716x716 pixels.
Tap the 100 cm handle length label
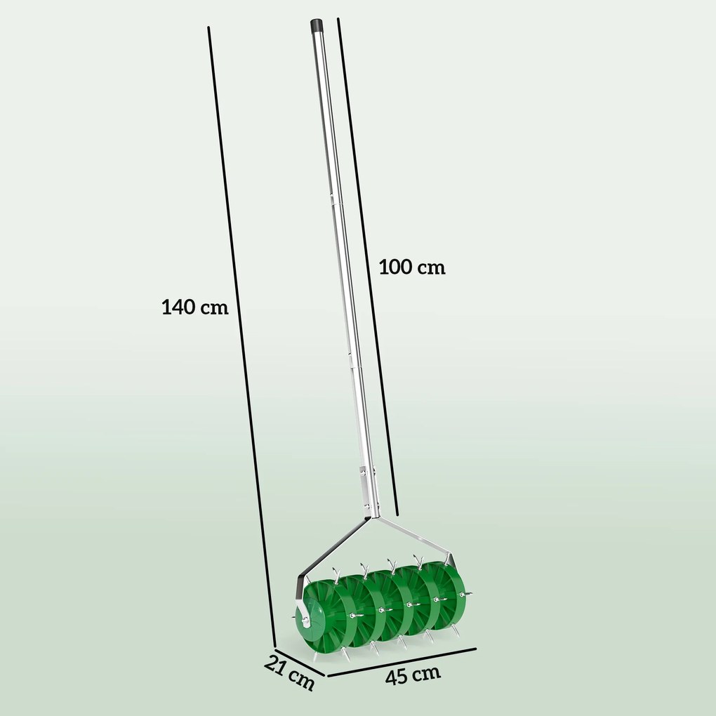412,267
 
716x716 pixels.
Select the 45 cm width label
413,675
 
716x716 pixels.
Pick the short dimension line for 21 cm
298,660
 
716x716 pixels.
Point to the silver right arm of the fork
414,537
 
